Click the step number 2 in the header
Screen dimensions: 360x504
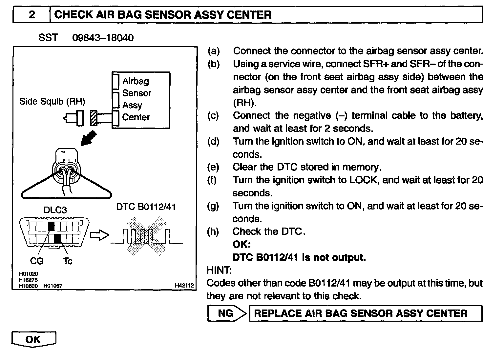tap(31, 15)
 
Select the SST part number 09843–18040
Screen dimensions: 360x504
tap(103, 38)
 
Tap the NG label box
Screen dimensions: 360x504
tap(225, 313)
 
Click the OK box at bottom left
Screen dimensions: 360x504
tap(33, 339)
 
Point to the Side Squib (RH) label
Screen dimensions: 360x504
tap(52, 101)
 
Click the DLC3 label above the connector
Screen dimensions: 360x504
tap(55, 210)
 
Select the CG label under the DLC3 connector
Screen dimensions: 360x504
tap(37, 261)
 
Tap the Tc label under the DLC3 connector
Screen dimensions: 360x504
tap(68, 261)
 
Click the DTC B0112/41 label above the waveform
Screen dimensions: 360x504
tap(146, 207)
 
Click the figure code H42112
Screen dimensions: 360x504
tap(184, 286)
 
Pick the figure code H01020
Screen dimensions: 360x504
tap(29, 274)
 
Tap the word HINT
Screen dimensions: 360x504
tap(219, 270)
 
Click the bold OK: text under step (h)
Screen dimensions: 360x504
tap(241, 245)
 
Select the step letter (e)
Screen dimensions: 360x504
tap(213, 167)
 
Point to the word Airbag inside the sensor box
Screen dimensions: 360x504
tap(136, 81)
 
